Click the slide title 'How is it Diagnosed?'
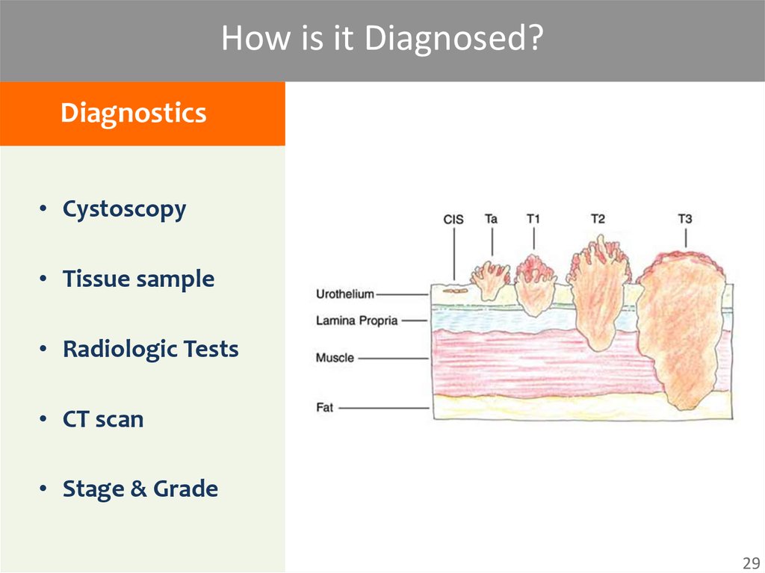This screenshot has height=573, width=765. pos(381,39)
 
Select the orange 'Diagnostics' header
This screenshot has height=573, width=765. pos(133,114)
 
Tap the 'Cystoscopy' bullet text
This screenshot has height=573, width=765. pos(124,209)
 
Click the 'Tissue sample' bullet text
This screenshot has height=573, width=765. pos(138,279)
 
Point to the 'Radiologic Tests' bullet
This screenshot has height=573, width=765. pos(150,350)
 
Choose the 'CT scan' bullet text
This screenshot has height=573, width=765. pos(103,419)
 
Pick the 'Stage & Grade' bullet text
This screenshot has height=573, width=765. pos(140,489)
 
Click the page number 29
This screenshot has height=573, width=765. pos(749,563)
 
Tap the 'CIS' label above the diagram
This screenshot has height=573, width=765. pos(453,220)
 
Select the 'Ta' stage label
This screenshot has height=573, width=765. pos(491,219)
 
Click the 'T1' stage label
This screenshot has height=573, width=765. pos(533,219)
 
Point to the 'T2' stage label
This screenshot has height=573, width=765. pos(598,219)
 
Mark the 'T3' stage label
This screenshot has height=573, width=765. pos(684,219)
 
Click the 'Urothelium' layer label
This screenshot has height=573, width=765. pos(344,294)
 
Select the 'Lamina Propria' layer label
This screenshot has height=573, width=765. pos(356,320)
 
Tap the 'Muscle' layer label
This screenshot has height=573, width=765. pos(335,358)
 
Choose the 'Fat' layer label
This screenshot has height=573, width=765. pos(325,408)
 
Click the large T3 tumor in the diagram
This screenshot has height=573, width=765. pos(680,329)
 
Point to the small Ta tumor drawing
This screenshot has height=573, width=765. pos(490,279)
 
